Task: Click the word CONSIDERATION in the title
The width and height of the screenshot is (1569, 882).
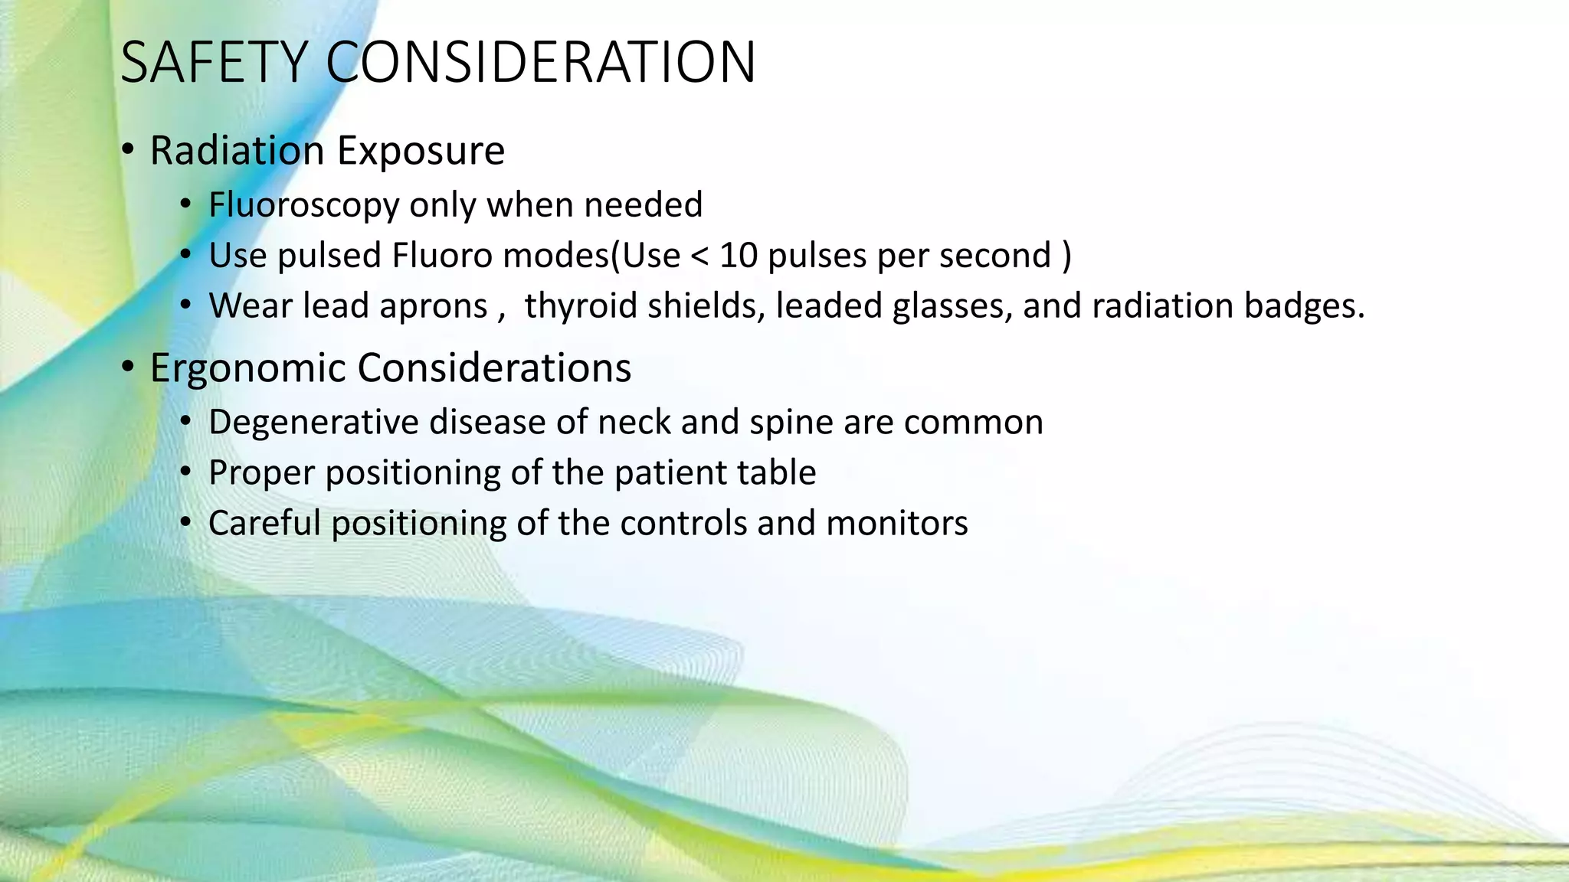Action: point(541,63)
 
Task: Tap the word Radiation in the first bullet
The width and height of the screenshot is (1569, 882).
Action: point(237,150)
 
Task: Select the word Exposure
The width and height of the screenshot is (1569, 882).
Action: point(421,151)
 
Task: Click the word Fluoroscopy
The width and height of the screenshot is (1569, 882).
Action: point(303,205)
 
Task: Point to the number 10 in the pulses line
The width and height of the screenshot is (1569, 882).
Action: point(739,256)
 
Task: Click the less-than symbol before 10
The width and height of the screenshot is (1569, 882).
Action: point(699,256)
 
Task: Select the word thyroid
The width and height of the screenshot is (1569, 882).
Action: point(581,306)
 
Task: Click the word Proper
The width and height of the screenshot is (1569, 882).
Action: point(261,473)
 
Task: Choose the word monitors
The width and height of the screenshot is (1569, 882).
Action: point(897,524)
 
